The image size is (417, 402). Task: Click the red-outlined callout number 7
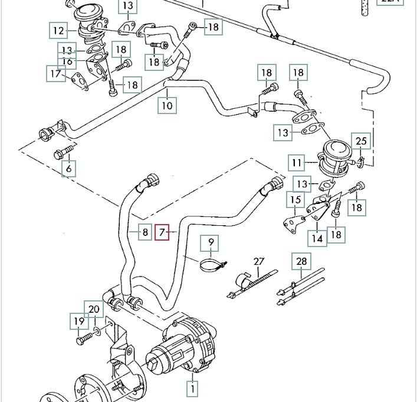pos(162,232)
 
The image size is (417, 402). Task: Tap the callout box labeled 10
pos(167,106)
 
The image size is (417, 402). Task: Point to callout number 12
pos(58,30)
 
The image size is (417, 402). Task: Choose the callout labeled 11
pos(296,162)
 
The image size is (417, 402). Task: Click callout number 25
pos(360,141)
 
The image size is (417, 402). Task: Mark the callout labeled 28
pos(301,261)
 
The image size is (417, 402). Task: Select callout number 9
pos(211,242)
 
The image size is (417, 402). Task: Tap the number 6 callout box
pos(70,169)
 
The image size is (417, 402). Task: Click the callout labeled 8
pos(145,232)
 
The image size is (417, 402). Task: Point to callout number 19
pos(79,322)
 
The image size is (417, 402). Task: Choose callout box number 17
pos(56,73)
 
